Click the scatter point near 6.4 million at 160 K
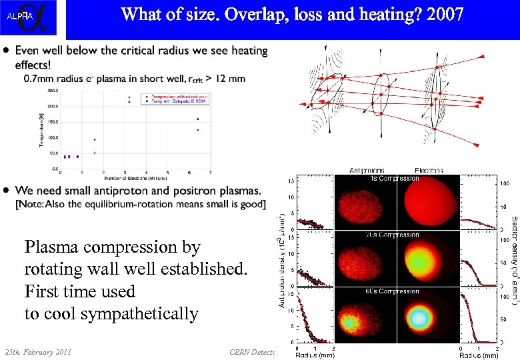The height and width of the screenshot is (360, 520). coord(197,119)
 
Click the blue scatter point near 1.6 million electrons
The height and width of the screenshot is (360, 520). coord(95,140)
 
